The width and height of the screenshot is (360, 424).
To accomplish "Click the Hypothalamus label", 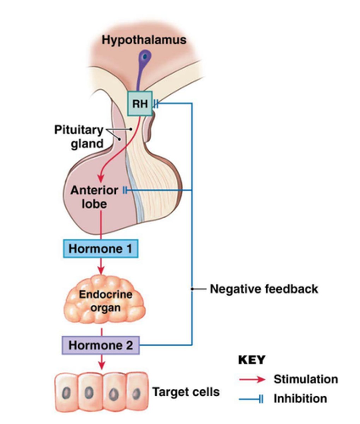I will coord(144,40).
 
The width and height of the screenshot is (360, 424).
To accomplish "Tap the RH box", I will coord(140,104).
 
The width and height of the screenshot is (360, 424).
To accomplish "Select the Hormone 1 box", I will coord(101,248).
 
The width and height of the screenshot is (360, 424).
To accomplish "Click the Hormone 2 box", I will coord(101,345).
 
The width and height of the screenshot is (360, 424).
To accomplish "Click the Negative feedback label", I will coord(264,289).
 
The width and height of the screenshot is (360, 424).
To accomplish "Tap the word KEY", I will coord(252,360).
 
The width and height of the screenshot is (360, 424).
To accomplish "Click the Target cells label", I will coord(186,392).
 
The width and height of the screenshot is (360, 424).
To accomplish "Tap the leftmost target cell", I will coord(66,392).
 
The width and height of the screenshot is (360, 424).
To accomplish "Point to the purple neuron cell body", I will coord(144,57).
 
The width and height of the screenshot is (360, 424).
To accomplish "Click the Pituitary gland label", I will coord(79,136).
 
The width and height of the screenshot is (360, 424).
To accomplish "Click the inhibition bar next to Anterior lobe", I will coord(124,190).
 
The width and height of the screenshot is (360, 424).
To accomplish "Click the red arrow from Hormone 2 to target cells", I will coord(102,362).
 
